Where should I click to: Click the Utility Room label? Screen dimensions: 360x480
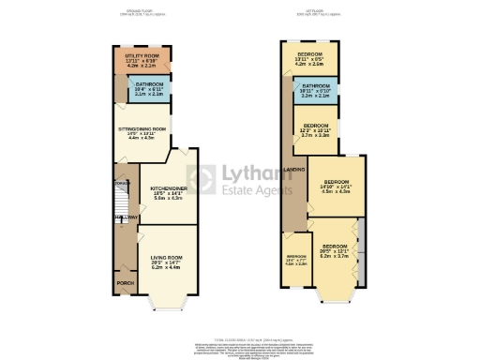pyautogui.click(x=140, y=56)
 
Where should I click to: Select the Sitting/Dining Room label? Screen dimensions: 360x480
pyautogui.click(x=142, y=128)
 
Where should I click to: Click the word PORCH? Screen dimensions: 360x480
pyautogui.click(x=124, y=282)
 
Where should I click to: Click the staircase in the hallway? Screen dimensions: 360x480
pyautogui.click(x=119, y=199)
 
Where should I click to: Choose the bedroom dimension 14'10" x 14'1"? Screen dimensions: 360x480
pyautogui.click(x=337, y=187)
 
